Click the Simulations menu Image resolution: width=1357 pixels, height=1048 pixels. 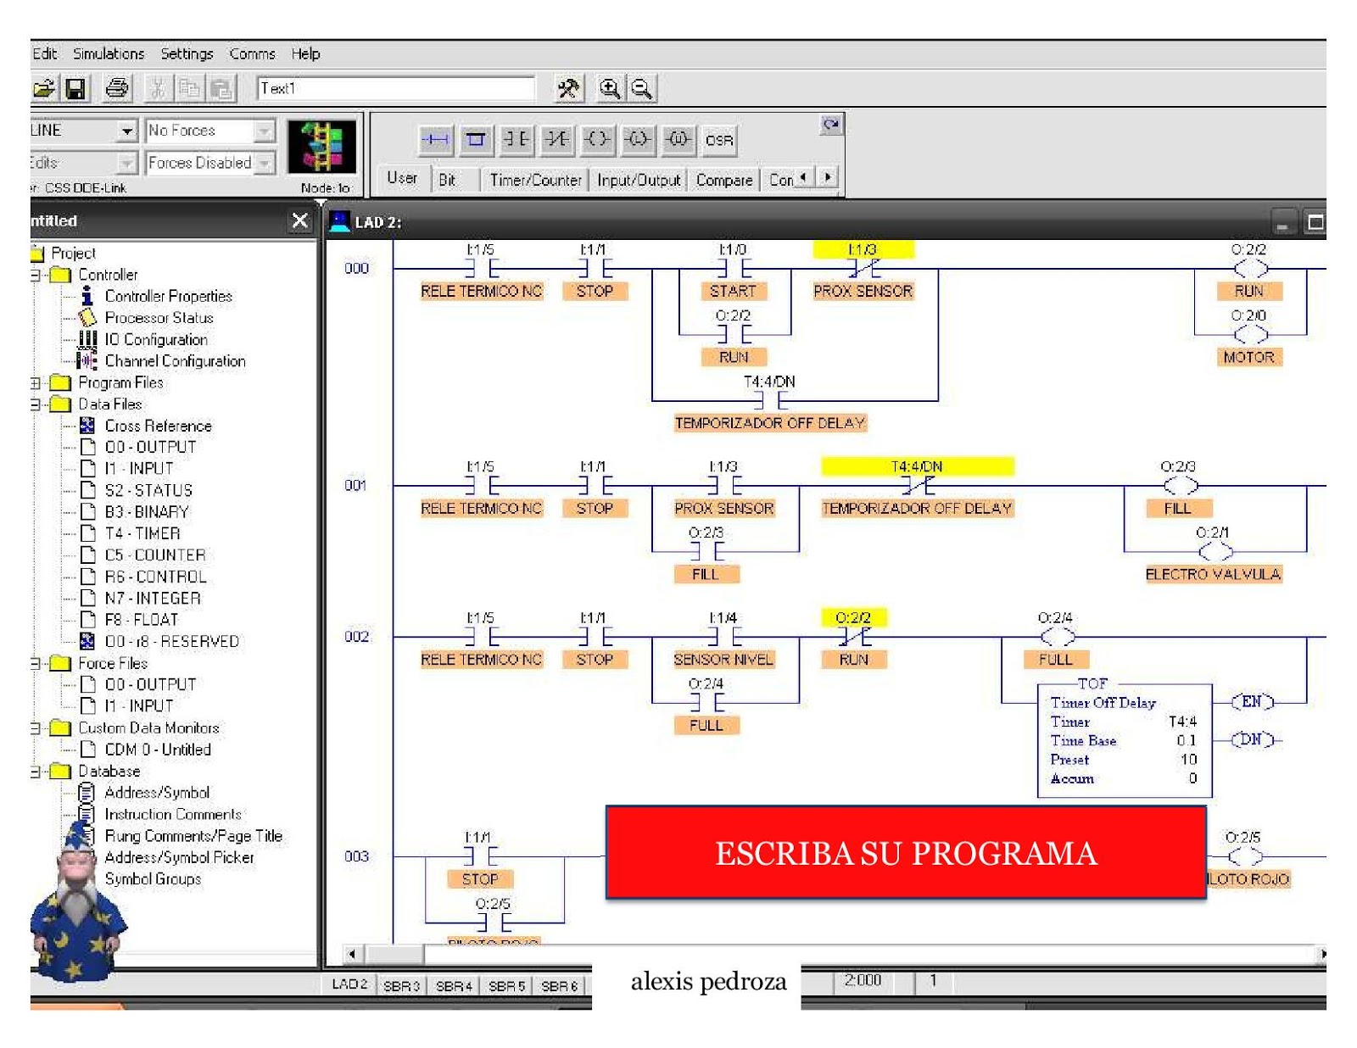tap(108, 54)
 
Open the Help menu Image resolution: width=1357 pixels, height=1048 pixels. tap(305, 54)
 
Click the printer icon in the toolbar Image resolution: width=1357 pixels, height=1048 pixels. tap(117, 88)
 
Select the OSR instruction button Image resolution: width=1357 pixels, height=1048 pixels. tap(718, 140)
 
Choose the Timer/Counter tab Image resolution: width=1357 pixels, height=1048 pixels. tap(535, 180)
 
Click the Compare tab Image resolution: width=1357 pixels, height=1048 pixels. tap(723, 180)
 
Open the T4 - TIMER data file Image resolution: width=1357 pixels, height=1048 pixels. tap(142, 533)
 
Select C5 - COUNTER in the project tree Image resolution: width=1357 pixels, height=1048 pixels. tap(154, 555)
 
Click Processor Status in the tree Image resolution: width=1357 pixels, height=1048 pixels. tap(159, 318)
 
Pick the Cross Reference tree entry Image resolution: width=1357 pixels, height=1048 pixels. tap(158, 426)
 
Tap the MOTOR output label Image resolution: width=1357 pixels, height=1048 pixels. tap(1248, 357)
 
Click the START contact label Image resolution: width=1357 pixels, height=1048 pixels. tap(733, 291)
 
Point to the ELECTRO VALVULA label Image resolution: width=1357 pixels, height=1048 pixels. tap(1213, 574)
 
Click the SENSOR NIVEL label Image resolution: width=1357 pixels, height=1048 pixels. tap(723, 659)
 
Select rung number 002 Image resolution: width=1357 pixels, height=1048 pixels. tap(356, 637)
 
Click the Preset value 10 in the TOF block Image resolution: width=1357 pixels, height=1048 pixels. tap(1188, 760)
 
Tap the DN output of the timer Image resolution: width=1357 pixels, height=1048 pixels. tap(1252, 739)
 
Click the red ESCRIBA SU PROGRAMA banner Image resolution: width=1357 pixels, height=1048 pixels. tap(905, 853)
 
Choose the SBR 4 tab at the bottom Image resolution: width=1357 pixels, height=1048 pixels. tap(454, 986)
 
